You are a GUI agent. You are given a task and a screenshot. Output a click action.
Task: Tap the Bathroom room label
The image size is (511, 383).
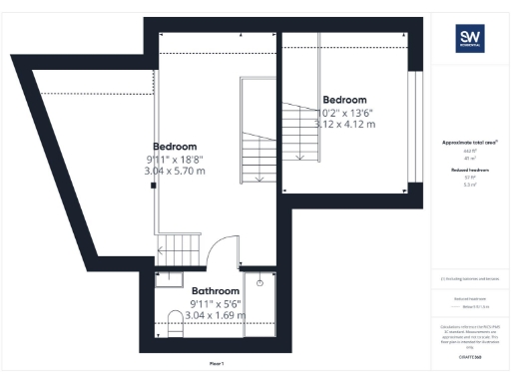188,291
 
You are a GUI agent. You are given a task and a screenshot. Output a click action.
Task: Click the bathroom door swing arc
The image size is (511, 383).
222,247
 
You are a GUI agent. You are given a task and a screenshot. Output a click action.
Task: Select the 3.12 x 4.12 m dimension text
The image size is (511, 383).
344,125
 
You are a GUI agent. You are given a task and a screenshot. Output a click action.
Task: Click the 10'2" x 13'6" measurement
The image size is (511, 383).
344,112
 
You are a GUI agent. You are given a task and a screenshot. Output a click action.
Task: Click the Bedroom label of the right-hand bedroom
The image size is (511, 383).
344,100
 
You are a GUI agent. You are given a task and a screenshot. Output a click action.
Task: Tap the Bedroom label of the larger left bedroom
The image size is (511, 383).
175,146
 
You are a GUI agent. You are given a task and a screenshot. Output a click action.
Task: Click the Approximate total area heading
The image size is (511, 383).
469,143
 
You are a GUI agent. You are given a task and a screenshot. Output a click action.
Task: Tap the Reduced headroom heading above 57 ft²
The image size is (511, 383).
469,171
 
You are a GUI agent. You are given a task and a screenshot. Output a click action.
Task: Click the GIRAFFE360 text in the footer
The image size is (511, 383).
469,355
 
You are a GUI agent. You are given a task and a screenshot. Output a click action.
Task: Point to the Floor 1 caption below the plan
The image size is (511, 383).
217,363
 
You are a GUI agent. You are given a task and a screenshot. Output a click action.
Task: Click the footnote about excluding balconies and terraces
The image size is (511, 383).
469,278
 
